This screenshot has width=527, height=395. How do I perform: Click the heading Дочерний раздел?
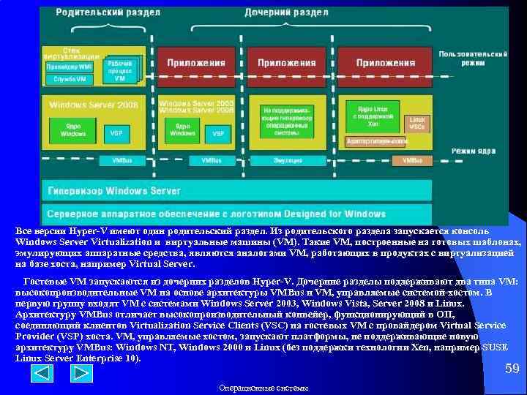click(286, 13)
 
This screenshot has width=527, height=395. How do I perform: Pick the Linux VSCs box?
click(416, 123)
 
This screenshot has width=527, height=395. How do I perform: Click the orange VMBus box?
click(412, 160)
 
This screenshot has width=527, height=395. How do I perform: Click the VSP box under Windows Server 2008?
click(116, 133)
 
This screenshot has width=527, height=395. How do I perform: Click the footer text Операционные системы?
click(263, 387)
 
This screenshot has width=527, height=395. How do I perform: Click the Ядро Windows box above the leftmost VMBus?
click(72, 130)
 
